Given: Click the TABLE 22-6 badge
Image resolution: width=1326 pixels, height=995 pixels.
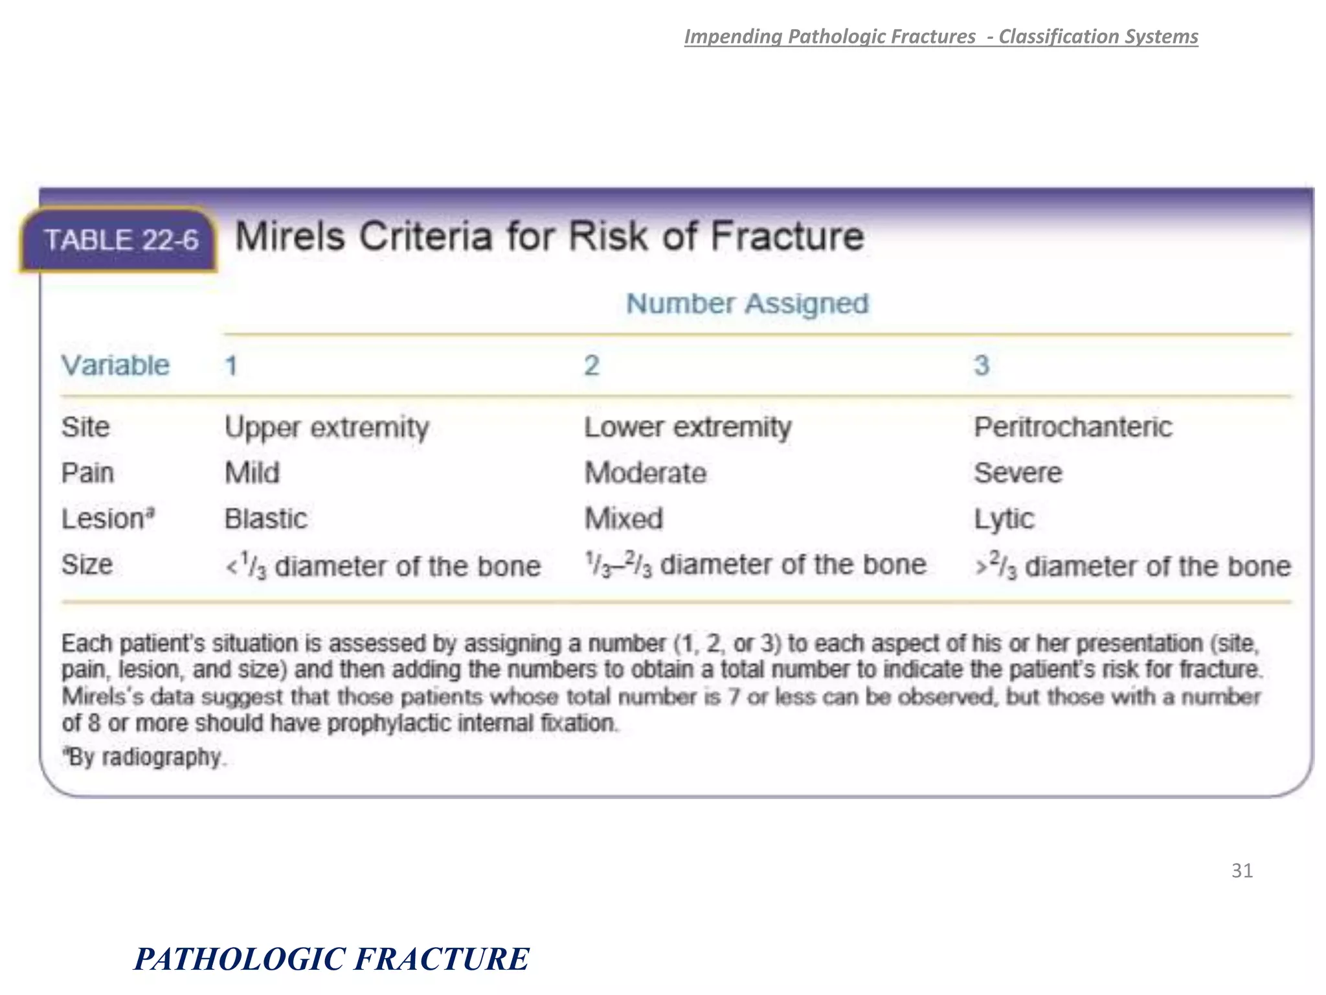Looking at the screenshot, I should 120,240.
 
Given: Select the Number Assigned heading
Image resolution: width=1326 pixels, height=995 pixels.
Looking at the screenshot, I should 747,304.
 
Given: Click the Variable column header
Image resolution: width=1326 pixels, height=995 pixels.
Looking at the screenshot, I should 115,366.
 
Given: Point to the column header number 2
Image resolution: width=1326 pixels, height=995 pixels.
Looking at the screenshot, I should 592,366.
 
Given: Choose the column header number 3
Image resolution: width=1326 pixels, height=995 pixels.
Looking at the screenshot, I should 982,366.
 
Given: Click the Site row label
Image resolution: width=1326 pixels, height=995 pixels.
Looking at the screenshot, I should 85,428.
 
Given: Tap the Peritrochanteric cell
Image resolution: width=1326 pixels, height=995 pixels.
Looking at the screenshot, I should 1073,428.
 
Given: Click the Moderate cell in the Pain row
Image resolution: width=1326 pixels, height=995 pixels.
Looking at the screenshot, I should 645,473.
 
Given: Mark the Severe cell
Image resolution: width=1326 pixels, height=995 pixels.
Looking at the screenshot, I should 1018,473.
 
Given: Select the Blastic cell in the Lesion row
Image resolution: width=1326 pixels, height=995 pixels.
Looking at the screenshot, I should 265,519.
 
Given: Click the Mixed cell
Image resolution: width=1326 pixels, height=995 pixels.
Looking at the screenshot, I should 624,519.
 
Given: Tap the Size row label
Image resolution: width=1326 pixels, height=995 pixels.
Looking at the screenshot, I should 87,565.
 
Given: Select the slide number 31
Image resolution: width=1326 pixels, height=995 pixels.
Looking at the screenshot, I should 1242,871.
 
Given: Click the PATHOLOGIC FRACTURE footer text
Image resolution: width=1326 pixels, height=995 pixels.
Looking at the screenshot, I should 331,959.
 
